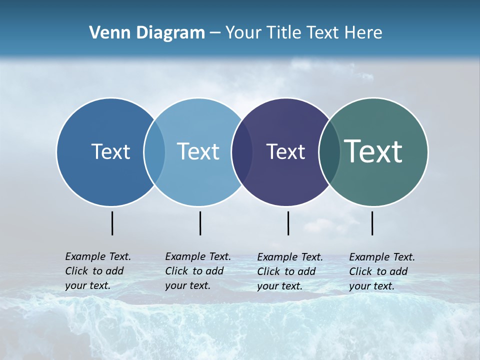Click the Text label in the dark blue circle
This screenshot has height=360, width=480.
click(x=110, y=151)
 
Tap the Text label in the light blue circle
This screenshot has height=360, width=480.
click(x=198, y=151)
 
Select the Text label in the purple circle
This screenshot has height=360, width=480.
click(x=285, y=151)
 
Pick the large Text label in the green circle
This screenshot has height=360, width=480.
click(x=373, y=151)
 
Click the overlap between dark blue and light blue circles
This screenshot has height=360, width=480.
click(x=154, y=151)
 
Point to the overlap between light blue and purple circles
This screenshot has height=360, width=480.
click(x=242, y=151)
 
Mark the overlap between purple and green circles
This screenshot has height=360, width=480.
click(x=329, y=151)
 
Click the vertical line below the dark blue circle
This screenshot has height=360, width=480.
click(x=112, y=223)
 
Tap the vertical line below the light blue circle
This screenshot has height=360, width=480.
click(x=200, y=223)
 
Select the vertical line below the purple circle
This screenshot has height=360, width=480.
click(x=288, y=223)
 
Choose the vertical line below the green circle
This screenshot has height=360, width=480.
click(x=372, y=223)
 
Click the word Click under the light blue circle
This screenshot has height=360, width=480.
click(x=176, y=271)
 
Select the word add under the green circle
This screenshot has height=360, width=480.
click(x=398, y=271)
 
